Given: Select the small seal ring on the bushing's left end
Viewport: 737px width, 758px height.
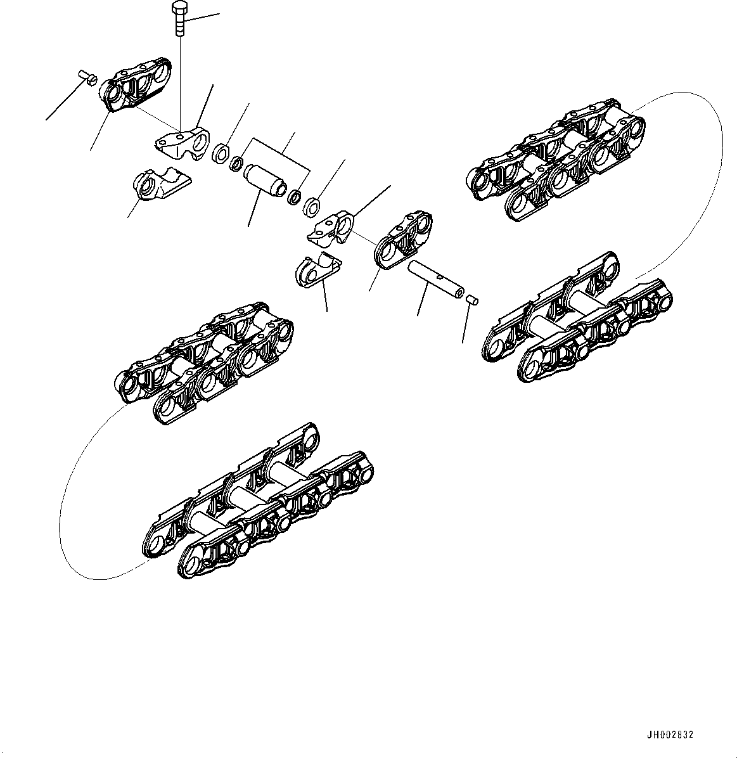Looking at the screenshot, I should pos(237,164).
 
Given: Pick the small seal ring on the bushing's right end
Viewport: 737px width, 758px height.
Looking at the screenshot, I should pos(295,196).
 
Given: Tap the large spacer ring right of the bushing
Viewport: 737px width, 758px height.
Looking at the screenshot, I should pos(311,206).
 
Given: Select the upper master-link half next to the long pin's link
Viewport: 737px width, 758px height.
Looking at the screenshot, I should pos(333,228).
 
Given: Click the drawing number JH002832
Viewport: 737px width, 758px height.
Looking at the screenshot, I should pos(670,735).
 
